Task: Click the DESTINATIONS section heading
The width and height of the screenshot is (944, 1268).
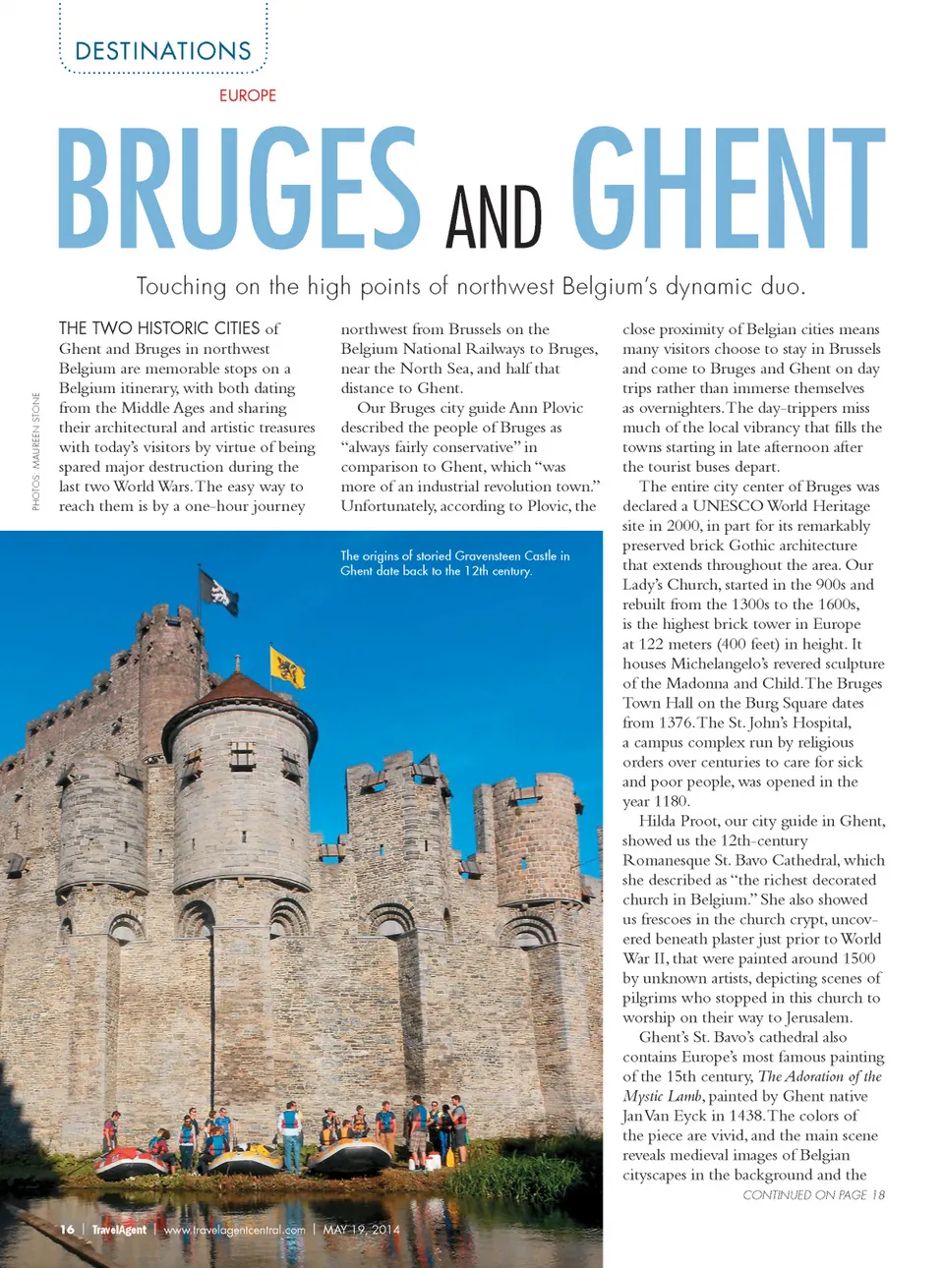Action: pyautogui.click(x=163, y=51)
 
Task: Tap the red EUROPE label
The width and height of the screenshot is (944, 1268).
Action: pyautogui.click(x=248, y=95)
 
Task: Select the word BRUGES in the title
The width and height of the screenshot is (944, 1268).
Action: pyautogui.click(x=239, y=189)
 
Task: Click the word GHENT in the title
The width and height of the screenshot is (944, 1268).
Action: pyautogui.click(x=728, y=189)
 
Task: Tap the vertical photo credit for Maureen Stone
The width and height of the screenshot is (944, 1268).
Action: pyautogui.click(x=36, y=451)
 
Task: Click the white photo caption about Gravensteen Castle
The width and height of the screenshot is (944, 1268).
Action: pyautogui.click(x=454, y=563)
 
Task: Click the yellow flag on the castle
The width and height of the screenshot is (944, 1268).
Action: pyautogui.click(x=287, y=666)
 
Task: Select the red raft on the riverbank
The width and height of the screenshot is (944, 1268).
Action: pyautogui.click(x=131, y=1164)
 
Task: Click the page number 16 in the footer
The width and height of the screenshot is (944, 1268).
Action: pyautogui.click(x=67, y=1230)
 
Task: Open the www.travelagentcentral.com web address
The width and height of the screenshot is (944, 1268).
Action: pyautogui.click(x=234, y=1230)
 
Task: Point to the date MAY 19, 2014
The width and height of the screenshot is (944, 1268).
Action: pyautogui.click(x=361, y=1230)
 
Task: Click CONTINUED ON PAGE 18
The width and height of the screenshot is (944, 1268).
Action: pyautogui.click(x=813, y=1195)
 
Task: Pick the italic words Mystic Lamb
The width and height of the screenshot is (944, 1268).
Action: pyautogui.click(x=662, y=1096)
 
